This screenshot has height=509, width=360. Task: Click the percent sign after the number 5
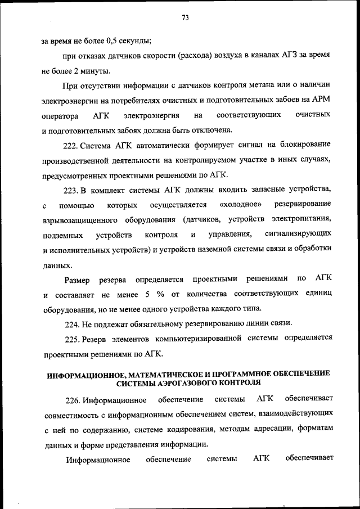pos(160,294)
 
